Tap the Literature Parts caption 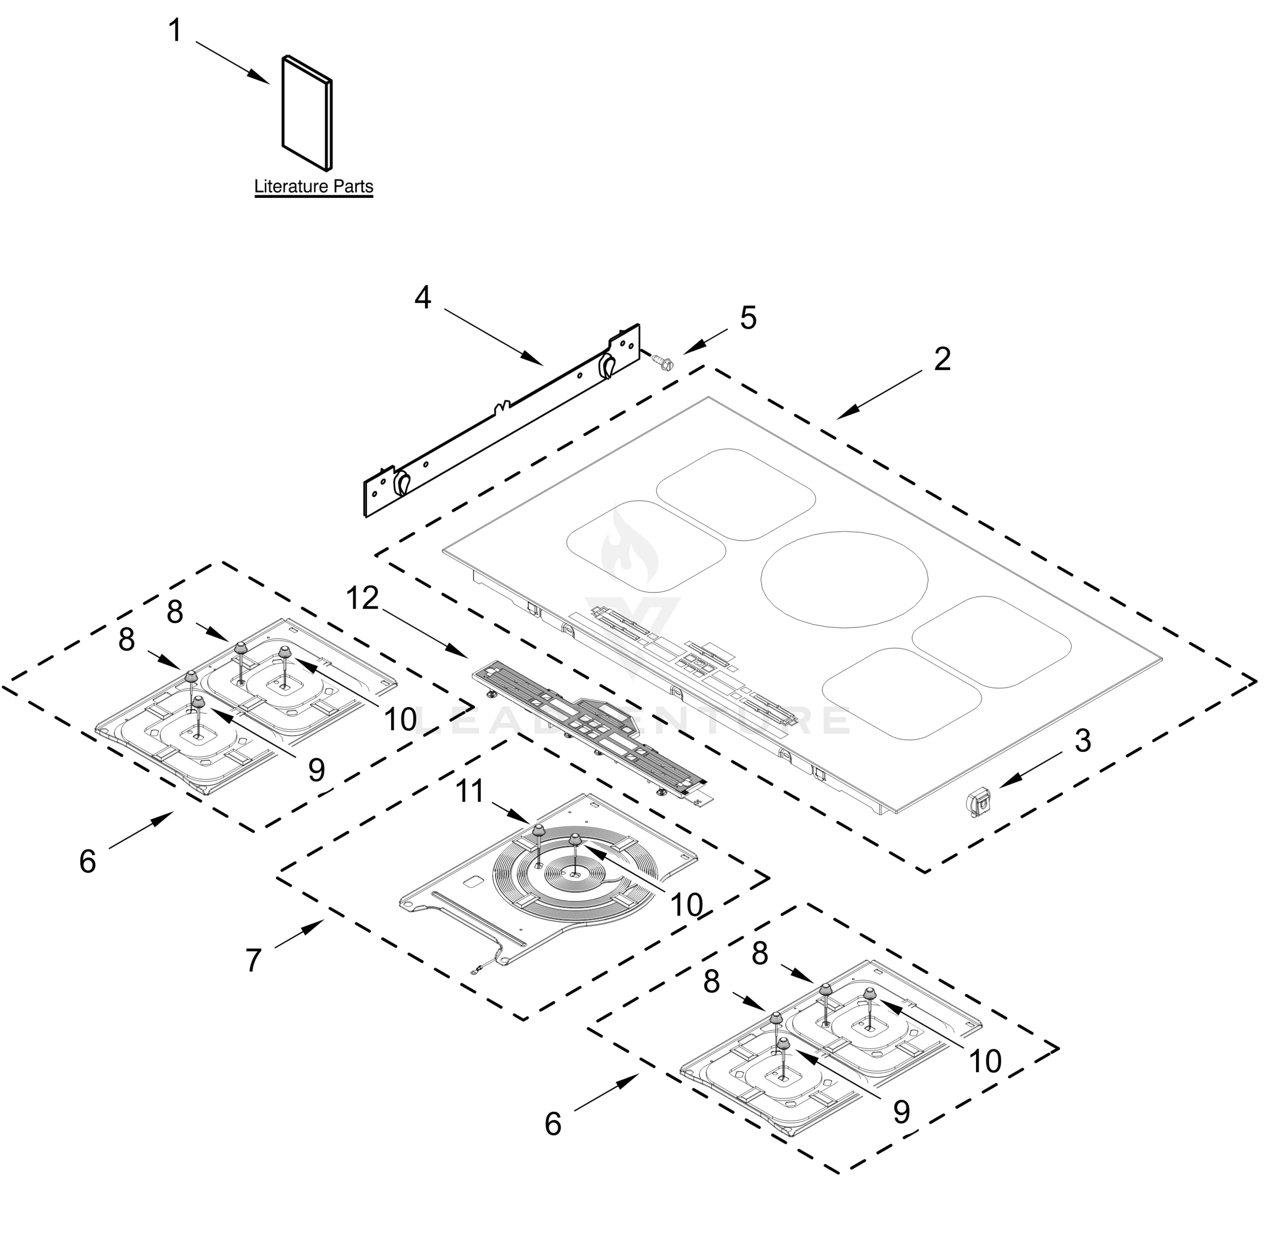pyautogui.click(x=313, y=187)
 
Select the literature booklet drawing pyautogui.click(x=307, y=112)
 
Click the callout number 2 pyautogui.click(x=942, y=359)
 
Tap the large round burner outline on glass pyautogui.click(x=844, y=579)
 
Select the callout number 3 pyautogui.click(x=1082, y=741)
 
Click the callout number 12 pyautogui.click(x=362, y=598)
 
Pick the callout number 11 pyautogui.click(x=469, y=791)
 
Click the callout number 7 pyautogui.click(x=254, y=960)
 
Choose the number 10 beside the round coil pyautogui.click(x=687, y=905)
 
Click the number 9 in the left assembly pyautogui.click(x=316, y=771)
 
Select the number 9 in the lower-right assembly pyautogui.click(x=901, y=1113)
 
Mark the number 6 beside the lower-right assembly pyautogui.click(x=553, y=1124)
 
